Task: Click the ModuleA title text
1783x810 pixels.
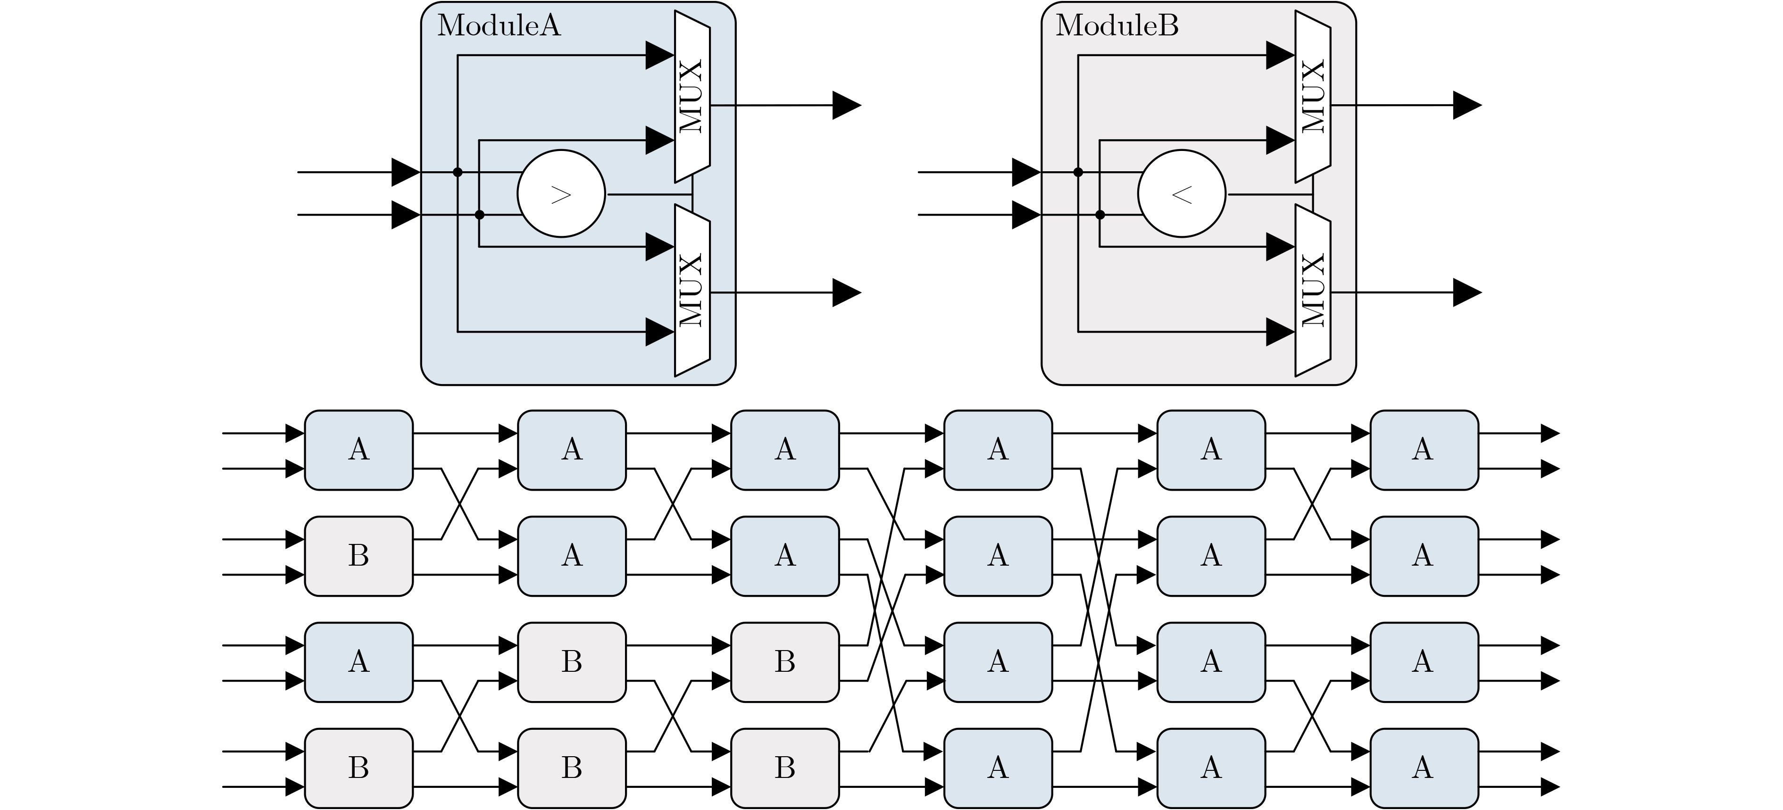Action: click(x=499, y=26)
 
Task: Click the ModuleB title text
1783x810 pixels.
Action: click(x=1116, y=26)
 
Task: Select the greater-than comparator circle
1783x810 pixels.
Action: click(x=561, y=194)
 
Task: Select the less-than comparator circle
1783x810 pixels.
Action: click(x=1182, y=194)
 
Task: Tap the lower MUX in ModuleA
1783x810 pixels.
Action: click(x=692, y=291)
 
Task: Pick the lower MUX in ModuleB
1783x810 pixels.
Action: click(x=1312, y=291)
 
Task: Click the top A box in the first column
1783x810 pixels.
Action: click(x=358, y=450)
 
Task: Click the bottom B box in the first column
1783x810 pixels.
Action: click(x=358, y=768)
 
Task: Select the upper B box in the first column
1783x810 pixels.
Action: click(x=358, y=555)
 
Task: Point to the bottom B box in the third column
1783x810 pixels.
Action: click(x=785, y=768)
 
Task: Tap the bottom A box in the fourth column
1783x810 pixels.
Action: click(x=998, y=768)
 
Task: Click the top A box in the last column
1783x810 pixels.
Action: click(x=1424, y=450)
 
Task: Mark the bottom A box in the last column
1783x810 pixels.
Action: click(x=1424, y=768)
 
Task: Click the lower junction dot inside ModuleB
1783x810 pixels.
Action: click(x=1100, y=215)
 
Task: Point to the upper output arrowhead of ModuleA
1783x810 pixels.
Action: click(x=846, y=105)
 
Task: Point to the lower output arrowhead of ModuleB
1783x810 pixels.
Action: click(x=1466, y=293)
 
